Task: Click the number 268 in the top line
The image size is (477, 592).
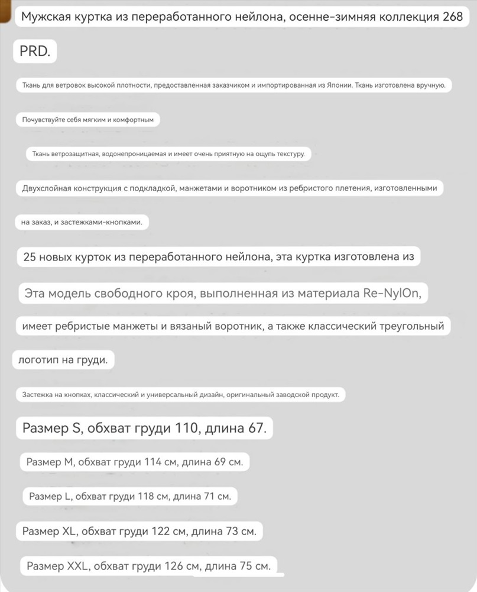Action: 453,17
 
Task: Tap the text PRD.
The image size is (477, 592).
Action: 35,52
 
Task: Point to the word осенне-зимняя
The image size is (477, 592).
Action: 332,17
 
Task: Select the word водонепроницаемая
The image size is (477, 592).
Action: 133,155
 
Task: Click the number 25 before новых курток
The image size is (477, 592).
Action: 30,258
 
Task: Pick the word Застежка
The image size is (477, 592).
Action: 39,395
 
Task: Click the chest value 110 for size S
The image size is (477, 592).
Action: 186,429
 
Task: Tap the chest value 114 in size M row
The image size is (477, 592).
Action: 153,462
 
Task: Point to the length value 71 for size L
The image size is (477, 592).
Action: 209,496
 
